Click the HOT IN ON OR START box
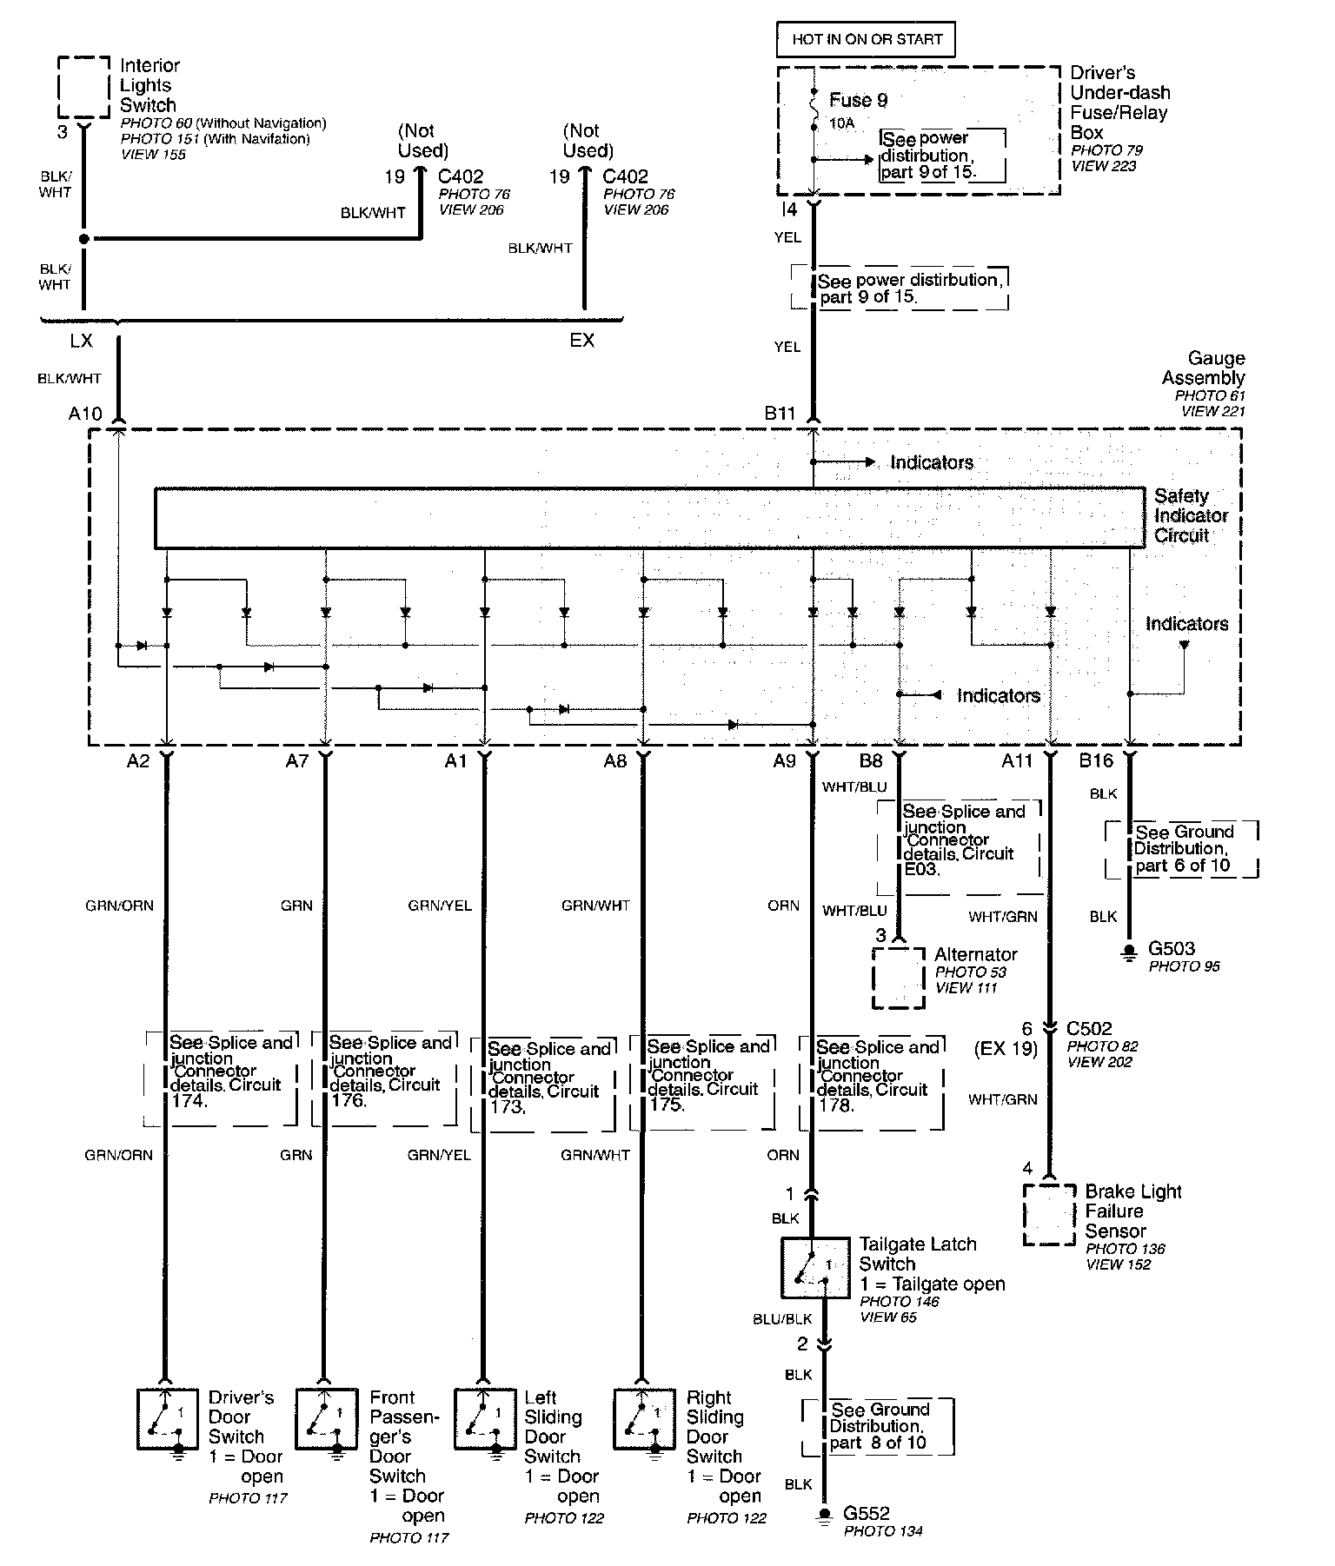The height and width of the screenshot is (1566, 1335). [x=866, y=39]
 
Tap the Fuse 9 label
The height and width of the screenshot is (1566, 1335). [x=858, y=100]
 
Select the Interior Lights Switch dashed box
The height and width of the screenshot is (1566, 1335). [x=84, y=86]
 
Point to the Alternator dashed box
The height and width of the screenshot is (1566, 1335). [x=898, y=977]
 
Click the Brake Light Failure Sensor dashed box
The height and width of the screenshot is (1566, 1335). [x=1050, y=1214]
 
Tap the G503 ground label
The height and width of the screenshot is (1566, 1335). [x=1171, y=948]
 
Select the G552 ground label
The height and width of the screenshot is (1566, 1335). [x=867, y=1513]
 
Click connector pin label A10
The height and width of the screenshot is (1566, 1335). [x=85, y=414]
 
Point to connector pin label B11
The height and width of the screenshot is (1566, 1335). [x=780, y=414]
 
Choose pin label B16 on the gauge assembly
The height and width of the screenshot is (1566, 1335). [x=1095, y=761]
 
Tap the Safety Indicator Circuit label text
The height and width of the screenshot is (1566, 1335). [x=1191, y=515]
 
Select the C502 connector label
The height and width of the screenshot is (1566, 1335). [x=1091, y=1028]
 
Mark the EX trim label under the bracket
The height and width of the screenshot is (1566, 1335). [x=581, y=341]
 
